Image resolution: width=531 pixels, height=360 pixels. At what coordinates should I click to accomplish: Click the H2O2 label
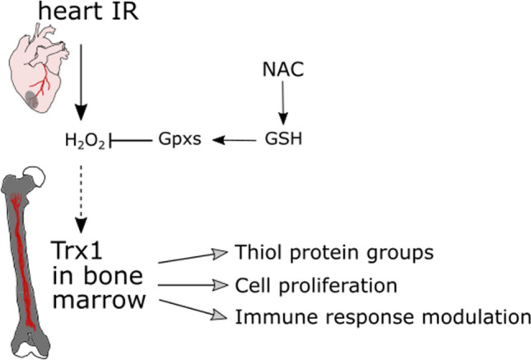point(84,142)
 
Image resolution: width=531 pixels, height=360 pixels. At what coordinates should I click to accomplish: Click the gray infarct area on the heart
point(33,102)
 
